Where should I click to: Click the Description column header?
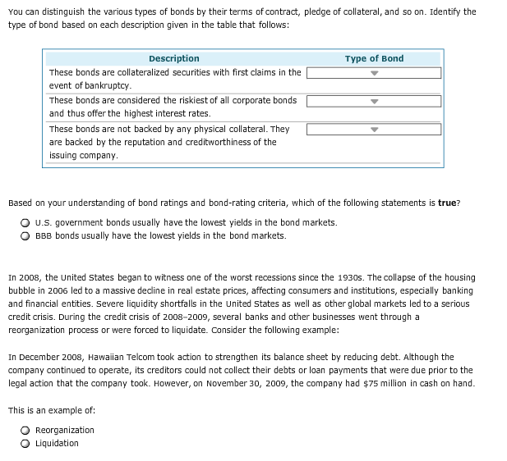click(x=173, y=58)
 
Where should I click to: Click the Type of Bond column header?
click(x=374, y=58)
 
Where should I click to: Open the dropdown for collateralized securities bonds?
click(x=374, y=73)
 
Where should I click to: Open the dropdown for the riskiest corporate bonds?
click(x=374, y=102)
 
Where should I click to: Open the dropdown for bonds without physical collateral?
click(x=374, y=130)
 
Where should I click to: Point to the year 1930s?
click(x=339, y=277)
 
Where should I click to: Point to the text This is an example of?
click(x=51, y=409)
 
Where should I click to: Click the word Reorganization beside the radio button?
click(x=65, y=430)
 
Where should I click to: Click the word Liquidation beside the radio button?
click(x=58, y=443)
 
